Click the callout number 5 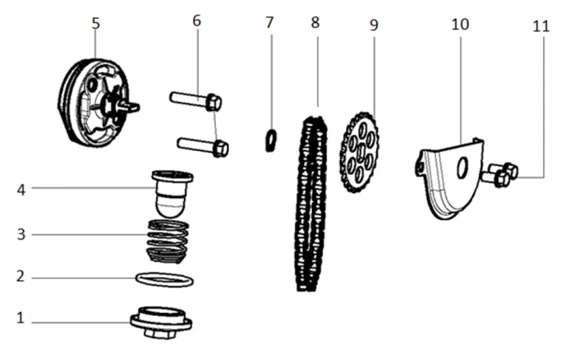[x=96, y=23]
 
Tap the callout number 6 [x=196, y=21]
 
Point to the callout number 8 [x=315, y=21]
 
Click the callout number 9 [x=374, y=25]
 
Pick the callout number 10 [x=460, y=24]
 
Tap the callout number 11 [x=540, y=25]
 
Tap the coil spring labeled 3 [x=169, y=239]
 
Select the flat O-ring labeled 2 [x=164, y=280]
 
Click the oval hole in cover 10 [x=461, y=168]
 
